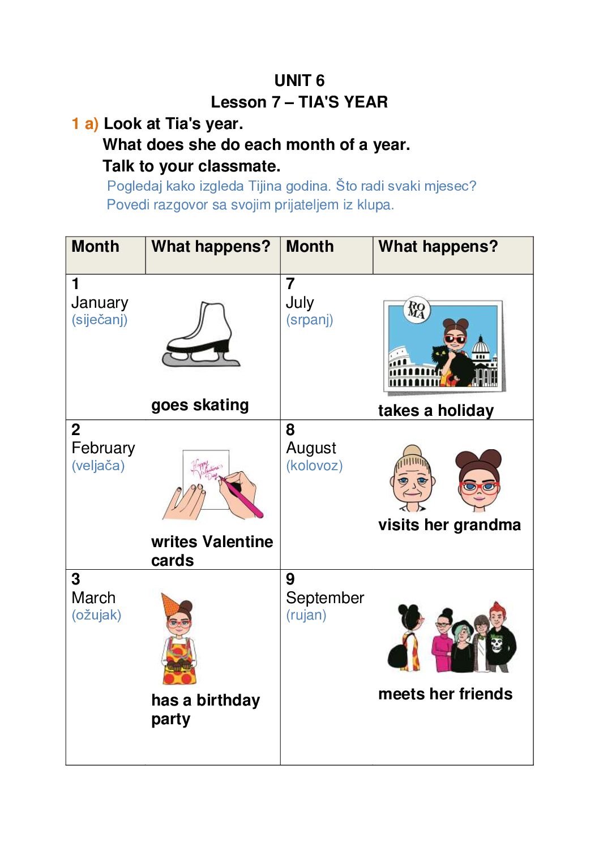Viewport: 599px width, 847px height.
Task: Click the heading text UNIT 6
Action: [x=299, y=80]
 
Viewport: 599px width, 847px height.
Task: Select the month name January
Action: [x=100, y=303]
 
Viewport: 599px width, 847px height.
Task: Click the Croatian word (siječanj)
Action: [x=100, y=320]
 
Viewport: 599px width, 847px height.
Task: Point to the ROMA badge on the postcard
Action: [x=417, y=310]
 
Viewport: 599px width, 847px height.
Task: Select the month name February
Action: [x=103, y=448]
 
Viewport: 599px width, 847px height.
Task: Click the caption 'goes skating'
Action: [x=200, y=405]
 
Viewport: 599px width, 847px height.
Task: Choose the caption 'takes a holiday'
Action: [x=435, y=410]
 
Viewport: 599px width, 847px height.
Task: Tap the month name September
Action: [x=325, y=598]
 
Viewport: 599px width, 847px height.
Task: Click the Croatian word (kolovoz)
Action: [x=314, y=466]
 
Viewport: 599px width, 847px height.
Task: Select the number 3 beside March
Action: [x=76, y=579]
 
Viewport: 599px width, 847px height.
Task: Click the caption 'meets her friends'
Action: [x=445, y=694]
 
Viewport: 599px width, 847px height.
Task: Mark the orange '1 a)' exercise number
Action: [x=85, y=124]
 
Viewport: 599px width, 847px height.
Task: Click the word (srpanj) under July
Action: [x=309, y=320]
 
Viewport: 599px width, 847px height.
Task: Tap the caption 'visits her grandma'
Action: [x=449, y=525]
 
